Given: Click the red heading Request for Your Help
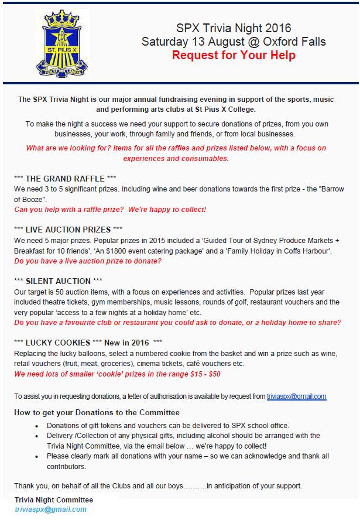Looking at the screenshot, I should click(x=234, y=56).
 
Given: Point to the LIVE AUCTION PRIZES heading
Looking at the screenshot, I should click(x=77, y=229).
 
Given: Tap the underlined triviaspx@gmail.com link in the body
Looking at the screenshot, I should click(x=296, y=396).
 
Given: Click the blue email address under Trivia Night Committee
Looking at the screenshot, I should click(x=51, y=509).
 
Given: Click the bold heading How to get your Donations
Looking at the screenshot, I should click(x=97, y=413).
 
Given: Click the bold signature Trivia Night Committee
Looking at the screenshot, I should click(x=54, y=500).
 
